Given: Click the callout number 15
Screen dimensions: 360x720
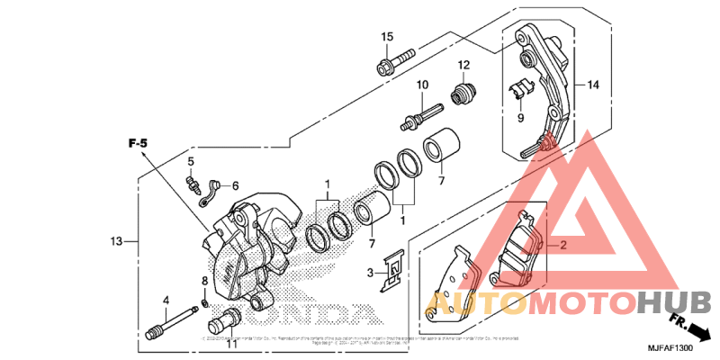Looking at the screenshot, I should [x=387, y=37].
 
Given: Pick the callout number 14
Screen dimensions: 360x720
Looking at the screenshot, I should [x=592, y=85].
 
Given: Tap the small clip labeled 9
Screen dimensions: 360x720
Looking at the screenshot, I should [x=518, y=89].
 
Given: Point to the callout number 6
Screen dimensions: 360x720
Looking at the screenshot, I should [x=236, y=185].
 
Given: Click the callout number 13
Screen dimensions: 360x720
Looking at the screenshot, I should [x=116, y=241].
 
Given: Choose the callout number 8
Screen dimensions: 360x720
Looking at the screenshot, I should [x=204, y=282].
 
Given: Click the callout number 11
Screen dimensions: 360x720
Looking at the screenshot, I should [x=231, y=343].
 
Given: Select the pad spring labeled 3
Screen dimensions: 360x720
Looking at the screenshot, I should [x=391, y=270].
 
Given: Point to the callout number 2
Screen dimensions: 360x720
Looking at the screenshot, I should [x=563, y=245].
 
